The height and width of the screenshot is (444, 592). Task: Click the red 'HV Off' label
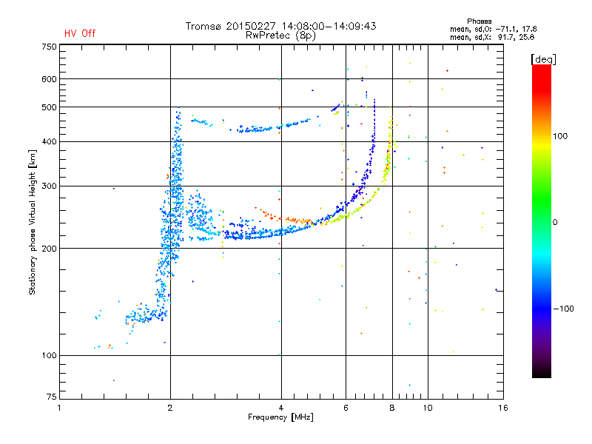pyautogui.click(x=79, y=33)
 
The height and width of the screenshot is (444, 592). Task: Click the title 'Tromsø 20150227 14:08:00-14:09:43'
pyautogui.click(x=280, y=26)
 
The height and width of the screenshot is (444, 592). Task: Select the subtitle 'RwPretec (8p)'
pyautogui.click(x=280, y=35)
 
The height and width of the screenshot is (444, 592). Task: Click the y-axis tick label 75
pyautogui.click(x=51, y=399)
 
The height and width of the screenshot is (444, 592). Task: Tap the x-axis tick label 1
pyautogui.click(x=59, y=408)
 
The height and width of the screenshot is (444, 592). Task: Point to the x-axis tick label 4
pyautogui.click(x=280, y=408)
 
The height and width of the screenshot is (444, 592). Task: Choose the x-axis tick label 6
pyautogui.click(x=346, y=408)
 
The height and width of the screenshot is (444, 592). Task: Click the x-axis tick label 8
pyautogui.click(x=391, y=408)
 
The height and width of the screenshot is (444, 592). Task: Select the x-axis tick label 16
pyautogui.click(x=502, y=408)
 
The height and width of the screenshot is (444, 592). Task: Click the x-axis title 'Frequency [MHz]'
pyautogui.click(x=280, y=417)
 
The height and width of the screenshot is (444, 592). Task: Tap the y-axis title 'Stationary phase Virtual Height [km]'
pyautogui.click(x=33, y=223)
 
